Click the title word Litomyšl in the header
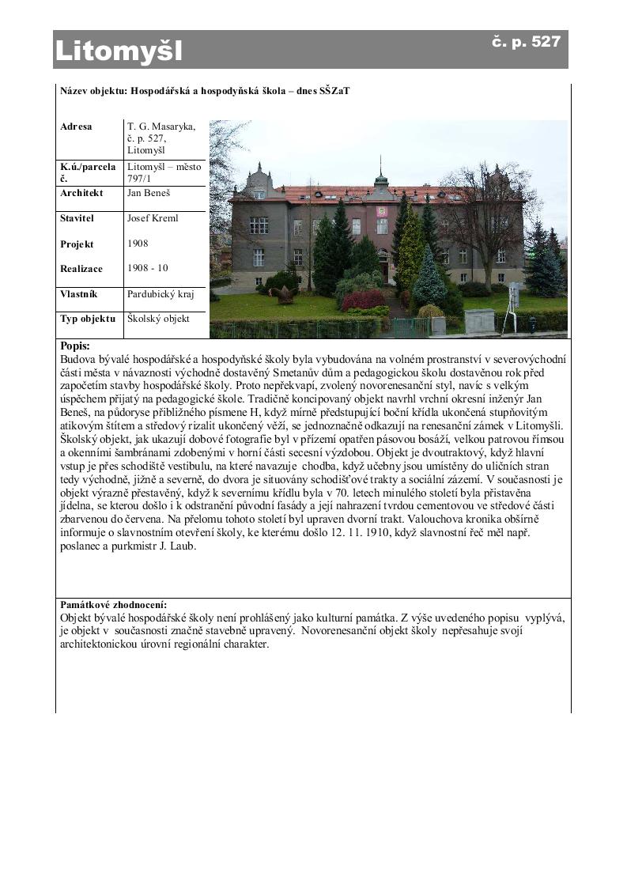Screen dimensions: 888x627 pos(119,51)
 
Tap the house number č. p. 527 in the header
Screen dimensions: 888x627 pos(526,42)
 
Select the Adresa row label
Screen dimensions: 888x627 pos(76,127)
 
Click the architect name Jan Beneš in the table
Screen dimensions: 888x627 pos(149,193)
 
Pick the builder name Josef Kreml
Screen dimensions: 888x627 pos(153,218)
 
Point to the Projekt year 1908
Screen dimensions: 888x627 pos(138,244)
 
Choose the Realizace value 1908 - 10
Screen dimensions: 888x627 pos(147,269)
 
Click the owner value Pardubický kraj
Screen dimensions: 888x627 pos(161,294)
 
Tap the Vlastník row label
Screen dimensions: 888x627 pos(79,294)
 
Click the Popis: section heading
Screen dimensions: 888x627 pos(75,346)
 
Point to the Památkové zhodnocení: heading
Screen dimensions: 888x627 pos(114,605)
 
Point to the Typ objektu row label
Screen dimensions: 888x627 pos(88,319)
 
